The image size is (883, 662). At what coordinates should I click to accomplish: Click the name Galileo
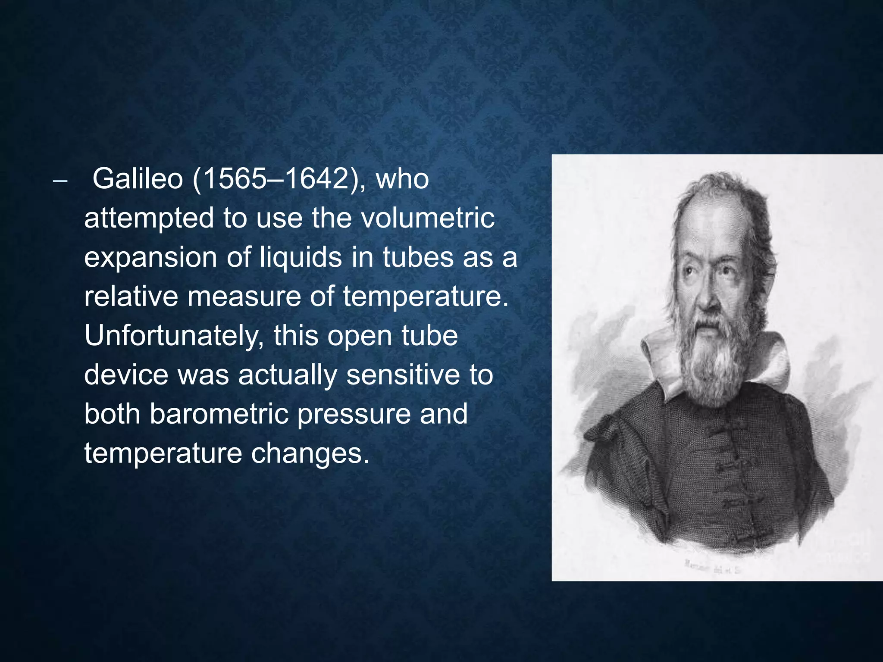pyautogui.click(x=138, y=179)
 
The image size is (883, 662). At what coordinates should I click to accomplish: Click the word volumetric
pyautogui.click(x=427, y=218)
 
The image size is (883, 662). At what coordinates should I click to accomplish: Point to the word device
pyautogui.click(x=126, y=375)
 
